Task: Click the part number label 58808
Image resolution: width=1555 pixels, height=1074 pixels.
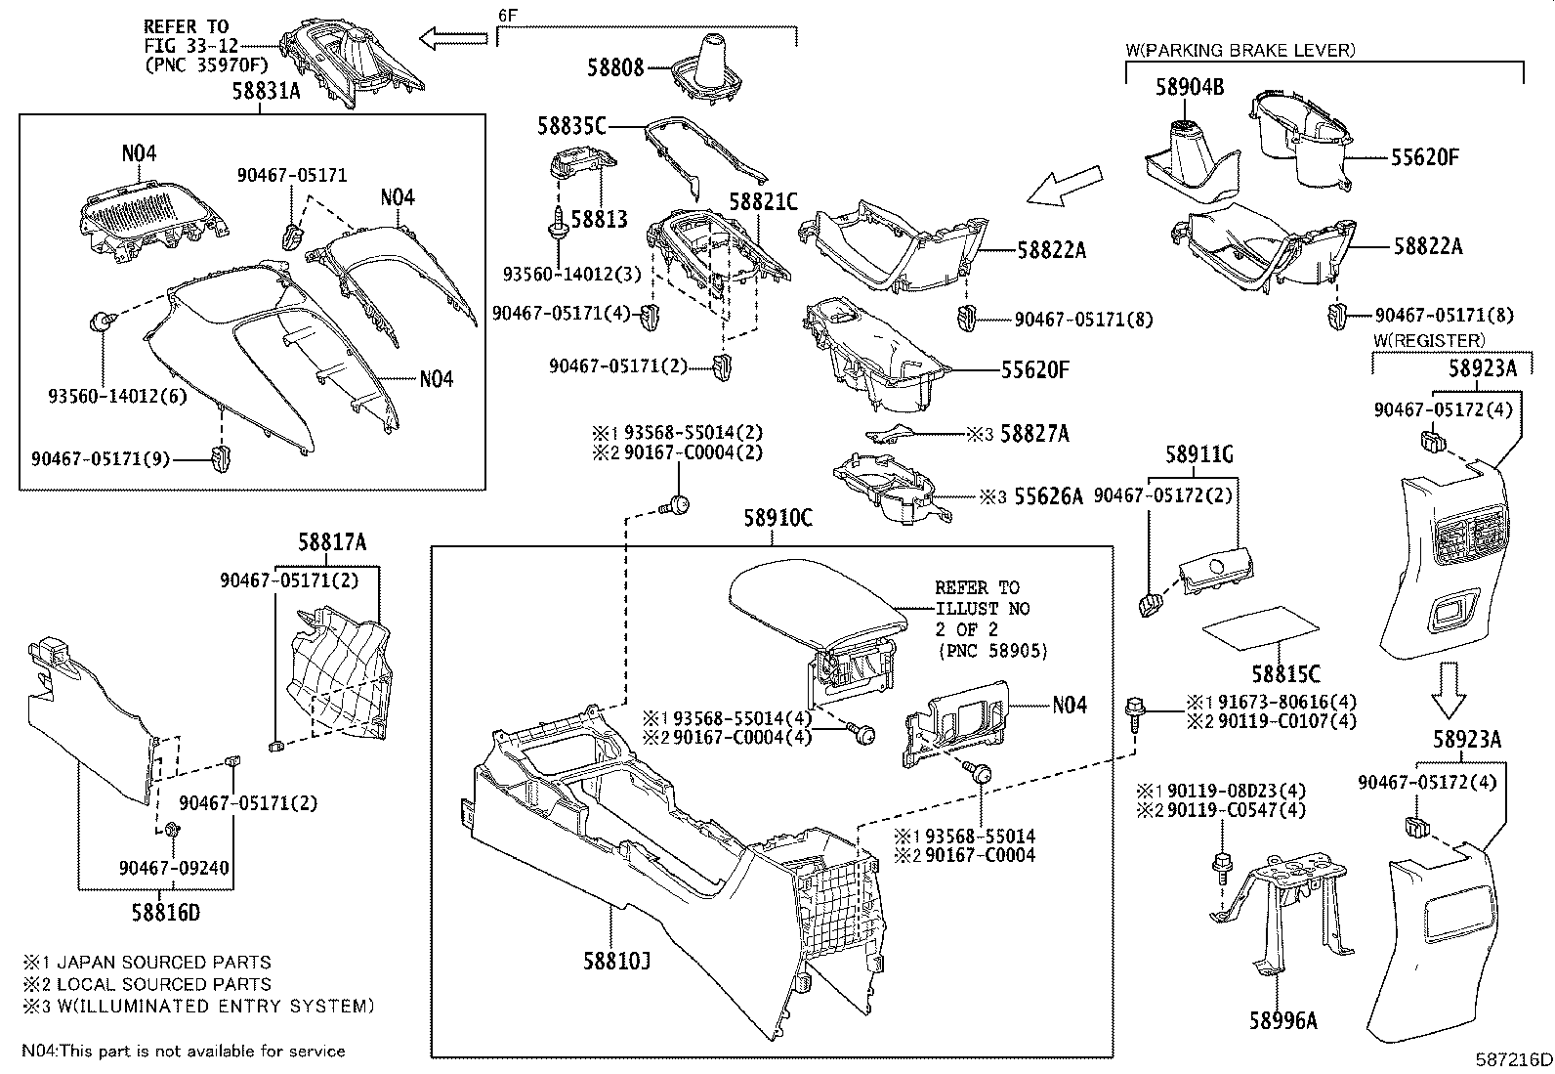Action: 615,67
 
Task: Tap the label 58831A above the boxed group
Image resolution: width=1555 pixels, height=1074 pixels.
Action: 266,91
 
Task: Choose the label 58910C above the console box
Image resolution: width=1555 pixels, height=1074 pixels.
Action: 777,519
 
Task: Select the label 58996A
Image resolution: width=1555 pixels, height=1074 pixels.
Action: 1282,1021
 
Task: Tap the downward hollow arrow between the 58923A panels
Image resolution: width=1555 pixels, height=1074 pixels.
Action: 1449,690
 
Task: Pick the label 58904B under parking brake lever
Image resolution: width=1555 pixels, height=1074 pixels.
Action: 1189,87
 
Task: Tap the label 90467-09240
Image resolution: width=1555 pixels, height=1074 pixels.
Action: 168,867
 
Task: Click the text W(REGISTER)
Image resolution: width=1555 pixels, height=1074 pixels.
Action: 1428,340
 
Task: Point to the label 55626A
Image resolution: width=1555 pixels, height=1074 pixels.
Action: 1048,496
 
